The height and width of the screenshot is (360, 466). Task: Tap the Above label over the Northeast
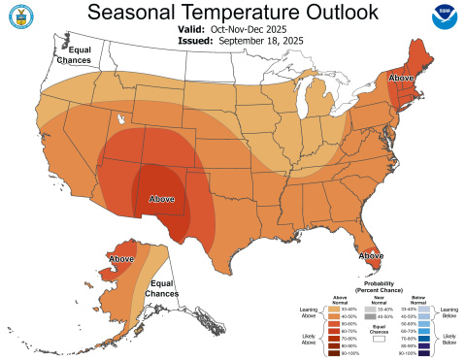coord(400,78)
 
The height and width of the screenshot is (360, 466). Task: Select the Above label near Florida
coord(368,255)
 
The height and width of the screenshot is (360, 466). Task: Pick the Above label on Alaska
coord(121,259)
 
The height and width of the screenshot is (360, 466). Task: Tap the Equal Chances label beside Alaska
coord(163,288)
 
